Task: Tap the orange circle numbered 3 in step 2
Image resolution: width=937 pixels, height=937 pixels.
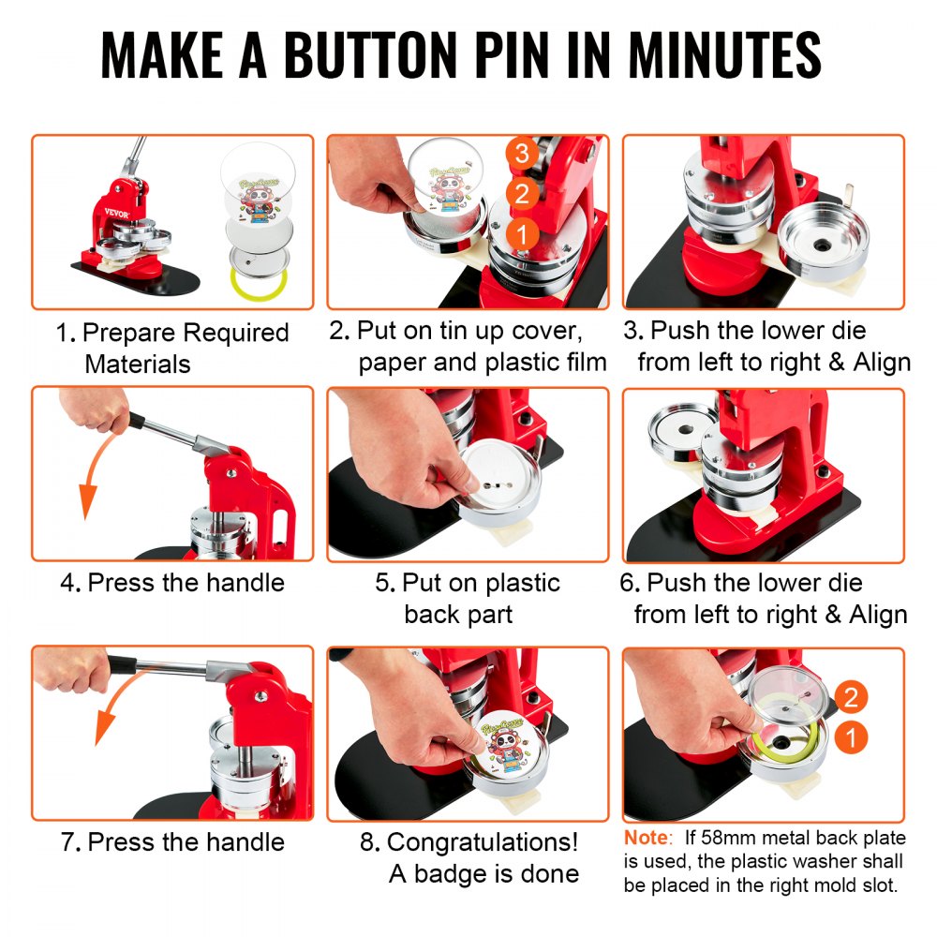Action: pyautogui.click(x=522, y=153)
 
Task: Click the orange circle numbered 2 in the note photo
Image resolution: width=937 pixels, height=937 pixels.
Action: pyautogui.click(x=850, y=697)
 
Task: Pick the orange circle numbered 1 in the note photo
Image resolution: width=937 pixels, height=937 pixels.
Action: pyautogui.click(x=850, y=738)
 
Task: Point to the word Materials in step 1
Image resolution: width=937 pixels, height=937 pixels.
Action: pyautogui.click(x=138, y=364)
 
